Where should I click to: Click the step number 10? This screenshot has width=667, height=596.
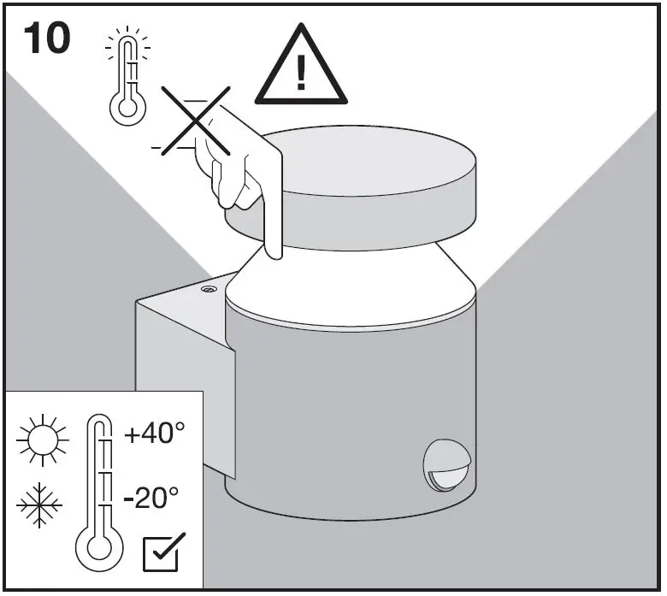pyautogui.click(x=46, y=39)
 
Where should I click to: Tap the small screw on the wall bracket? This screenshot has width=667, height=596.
pyautogui.click(x=208, y=290)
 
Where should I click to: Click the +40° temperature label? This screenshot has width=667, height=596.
pyautogui.click(x=154, y=434)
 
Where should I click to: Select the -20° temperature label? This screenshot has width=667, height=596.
pyautogui.click(x=151, y=497)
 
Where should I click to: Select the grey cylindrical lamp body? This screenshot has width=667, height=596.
pyautogui.click(x=342, y=410)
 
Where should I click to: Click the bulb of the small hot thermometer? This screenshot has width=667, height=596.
pyautogui.click(x=127, y=107)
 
